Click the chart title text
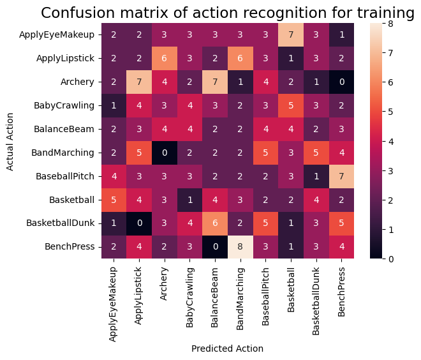pos(228,13)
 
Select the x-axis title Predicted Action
pos(227,349)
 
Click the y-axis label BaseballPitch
pos(66,176)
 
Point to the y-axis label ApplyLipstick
pos(66,57)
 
